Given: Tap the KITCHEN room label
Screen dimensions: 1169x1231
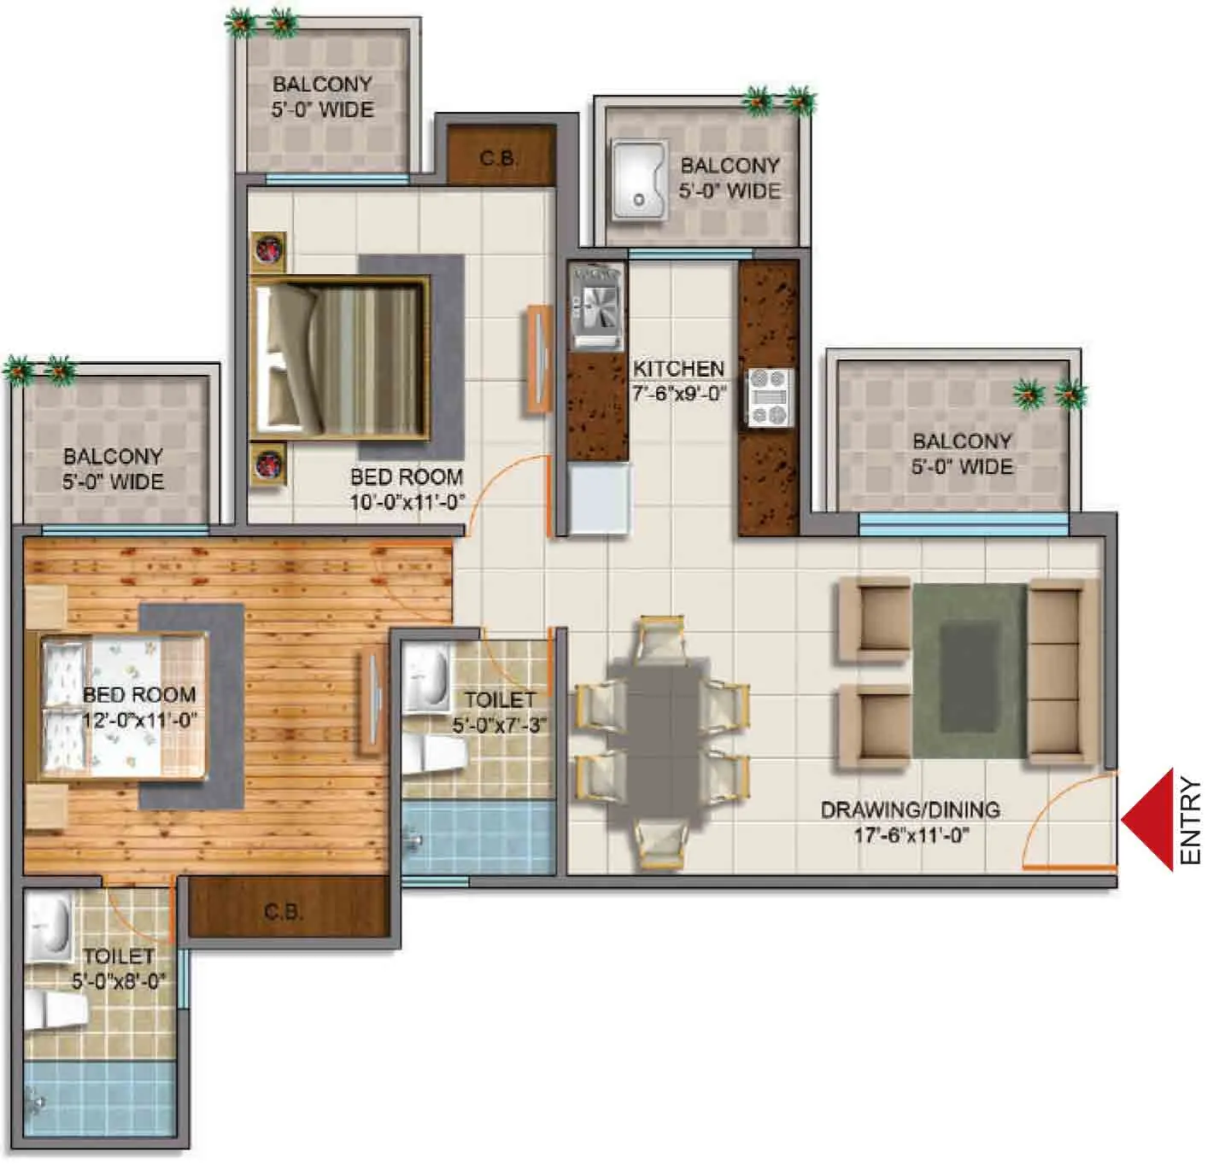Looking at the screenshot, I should click(678, 369).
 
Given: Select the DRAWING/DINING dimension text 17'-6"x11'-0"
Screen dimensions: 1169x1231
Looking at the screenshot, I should click(911, 835).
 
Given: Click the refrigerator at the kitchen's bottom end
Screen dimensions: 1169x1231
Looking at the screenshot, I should click(600, 499).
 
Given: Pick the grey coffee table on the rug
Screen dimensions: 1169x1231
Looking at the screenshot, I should click(969, 675).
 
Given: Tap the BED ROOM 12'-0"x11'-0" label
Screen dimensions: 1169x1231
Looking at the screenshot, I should click(139, 707).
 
